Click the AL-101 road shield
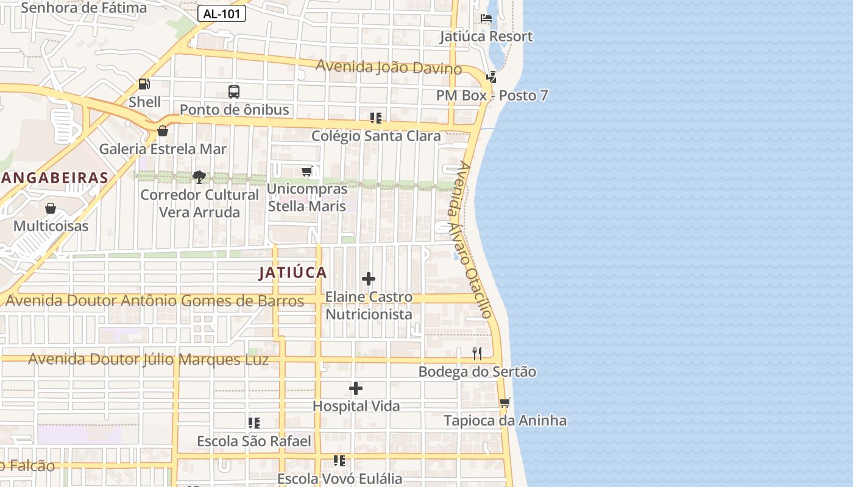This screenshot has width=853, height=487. point(222,14)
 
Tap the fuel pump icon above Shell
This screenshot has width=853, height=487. point(144,84)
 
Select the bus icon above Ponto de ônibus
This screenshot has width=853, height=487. point(234,92)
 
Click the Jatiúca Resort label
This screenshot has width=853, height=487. point(486,37)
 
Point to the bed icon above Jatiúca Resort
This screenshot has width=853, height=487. point(486,18)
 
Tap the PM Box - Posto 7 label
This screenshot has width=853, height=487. point(492,96)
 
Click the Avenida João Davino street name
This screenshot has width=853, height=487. point(389,67)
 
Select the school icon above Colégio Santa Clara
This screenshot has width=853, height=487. point(376,117)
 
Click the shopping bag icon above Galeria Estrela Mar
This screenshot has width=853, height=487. point(163,131)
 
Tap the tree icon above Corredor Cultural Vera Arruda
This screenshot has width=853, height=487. point(199,177)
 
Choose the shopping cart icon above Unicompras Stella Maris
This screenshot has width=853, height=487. point(307,172)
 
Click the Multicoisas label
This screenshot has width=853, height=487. point(51,226)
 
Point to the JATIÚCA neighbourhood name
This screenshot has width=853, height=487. point(292,273)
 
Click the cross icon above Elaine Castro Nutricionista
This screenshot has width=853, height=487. point(369,279)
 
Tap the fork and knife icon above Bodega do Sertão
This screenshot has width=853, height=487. point(477,354)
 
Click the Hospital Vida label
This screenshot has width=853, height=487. point(356,406)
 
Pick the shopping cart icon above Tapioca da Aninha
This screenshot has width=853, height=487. point(504,402)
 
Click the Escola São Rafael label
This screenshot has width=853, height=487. point(254,441)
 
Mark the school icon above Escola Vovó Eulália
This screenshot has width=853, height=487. point(339,461)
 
